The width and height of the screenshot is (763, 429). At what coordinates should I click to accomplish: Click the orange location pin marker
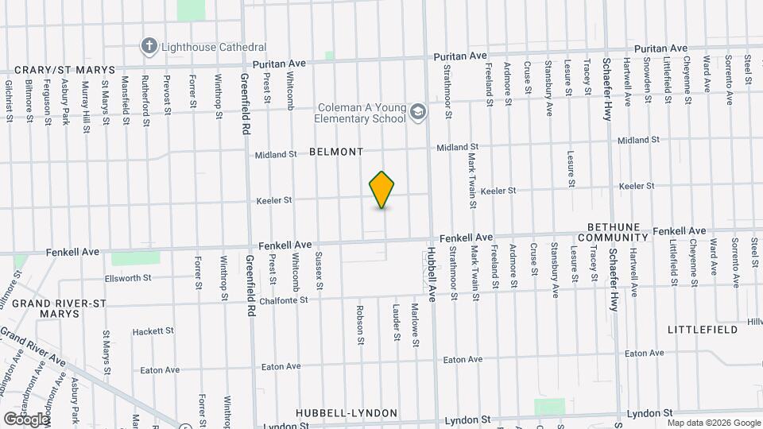click(x=382, y=190)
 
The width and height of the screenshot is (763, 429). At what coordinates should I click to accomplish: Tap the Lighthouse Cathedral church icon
click(x=149, y=46)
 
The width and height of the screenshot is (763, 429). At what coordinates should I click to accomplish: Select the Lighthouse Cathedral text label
click(x=214, y=48)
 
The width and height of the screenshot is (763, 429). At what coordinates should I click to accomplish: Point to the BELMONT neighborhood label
click(x=336, y=151)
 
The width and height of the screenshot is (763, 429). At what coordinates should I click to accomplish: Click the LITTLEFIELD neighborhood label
click(x=703, y=329)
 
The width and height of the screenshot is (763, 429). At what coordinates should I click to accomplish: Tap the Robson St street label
click(x=360, y=325)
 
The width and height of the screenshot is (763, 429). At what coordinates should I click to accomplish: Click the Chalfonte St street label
click(x=277, y=300)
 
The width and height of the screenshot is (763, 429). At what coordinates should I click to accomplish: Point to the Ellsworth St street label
click(x=128, y=278)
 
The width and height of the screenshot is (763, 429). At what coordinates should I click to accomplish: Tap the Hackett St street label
click(x=153, y=330)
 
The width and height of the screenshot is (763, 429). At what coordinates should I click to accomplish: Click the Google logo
click(x=25, y=419)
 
